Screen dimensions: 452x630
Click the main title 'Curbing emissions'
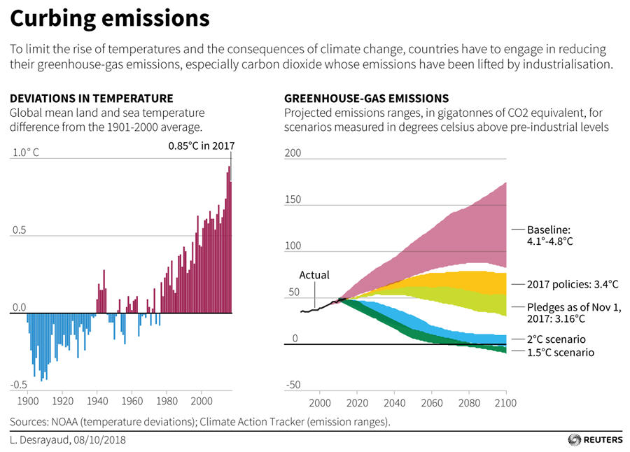point(110,19)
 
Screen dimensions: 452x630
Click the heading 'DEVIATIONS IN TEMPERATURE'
point(92,99)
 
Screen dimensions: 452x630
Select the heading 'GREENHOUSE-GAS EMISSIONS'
point(366,99)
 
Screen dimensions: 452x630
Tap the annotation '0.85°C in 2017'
point(201,146)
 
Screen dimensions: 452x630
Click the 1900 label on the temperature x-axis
point(27,402)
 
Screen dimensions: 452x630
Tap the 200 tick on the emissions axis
point(293,153)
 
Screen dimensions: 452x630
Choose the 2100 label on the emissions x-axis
point(505,403)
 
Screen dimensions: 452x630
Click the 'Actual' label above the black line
point(314,275)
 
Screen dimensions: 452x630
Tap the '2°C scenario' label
point(557,339)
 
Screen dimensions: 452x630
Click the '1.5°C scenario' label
point(561,353)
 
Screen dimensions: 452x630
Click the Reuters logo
point(595,439)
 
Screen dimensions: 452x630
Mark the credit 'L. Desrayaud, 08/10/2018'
point(68,439)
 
